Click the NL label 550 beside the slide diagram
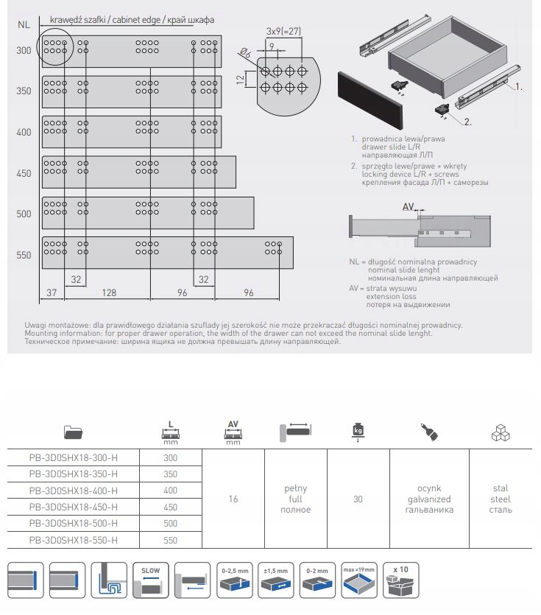click(24, 255)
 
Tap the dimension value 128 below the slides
click(109, 292)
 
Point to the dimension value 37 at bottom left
click(51, 292)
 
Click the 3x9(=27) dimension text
click(283, 31)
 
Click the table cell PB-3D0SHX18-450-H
click(74, 507)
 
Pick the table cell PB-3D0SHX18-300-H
click(74, 457)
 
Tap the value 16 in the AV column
click(233, 499)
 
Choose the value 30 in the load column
click(358, 499)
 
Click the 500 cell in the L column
click(169, 524)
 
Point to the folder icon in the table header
click(74, 433)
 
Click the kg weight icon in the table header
click(358, 430)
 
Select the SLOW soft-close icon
click(150, 580)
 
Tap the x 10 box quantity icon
click(400, 580)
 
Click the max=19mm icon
click(358, 580)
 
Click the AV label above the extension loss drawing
click(409, 208)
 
